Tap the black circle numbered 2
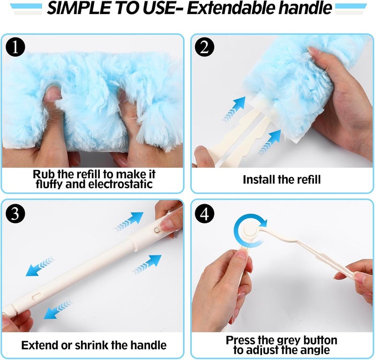click(x=205, y=47)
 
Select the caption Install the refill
click(x=282, y=179)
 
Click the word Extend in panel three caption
click(x=39, y=345)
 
